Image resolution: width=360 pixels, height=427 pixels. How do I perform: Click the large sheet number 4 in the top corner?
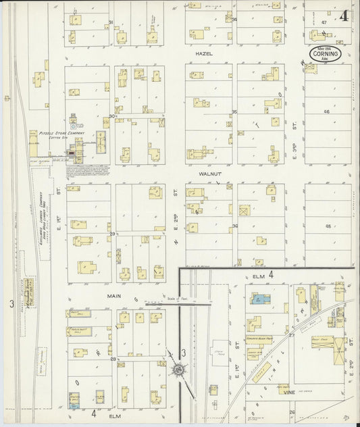click(x=344, y=17)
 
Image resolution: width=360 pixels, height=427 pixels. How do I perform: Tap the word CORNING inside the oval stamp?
click(x=326, y=53)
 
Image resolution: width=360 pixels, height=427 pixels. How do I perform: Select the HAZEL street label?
click(x=204, y=53)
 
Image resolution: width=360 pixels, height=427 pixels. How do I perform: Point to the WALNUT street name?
click(x=208, y=174)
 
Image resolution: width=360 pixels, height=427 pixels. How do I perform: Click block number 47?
click(x=324, y=22)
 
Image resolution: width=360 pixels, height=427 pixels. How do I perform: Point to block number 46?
click(x=326, y=111)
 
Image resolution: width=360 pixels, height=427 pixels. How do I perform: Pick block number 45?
click(x=328, y=226)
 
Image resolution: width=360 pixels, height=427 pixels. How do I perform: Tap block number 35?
click(x=235, y=111)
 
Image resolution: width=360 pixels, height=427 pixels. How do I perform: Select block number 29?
click(x=112, y=233)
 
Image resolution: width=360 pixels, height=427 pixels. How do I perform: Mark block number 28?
click(x=113, y=359)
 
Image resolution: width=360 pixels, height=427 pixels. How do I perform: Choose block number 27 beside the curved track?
click(x=292, y=334)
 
